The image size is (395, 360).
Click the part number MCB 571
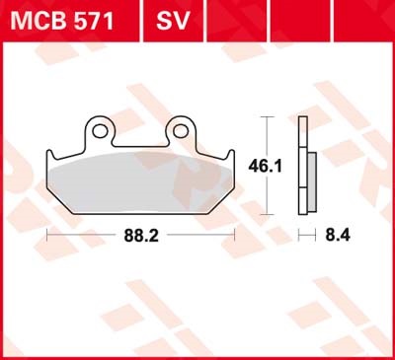coord(62,21)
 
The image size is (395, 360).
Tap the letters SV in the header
coord(173,21)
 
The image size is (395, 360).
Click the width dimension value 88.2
coord(141,236)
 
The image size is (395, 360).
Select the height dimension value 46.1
coord(265,166)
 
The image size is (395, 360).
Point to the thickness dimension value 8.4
coord(338,236)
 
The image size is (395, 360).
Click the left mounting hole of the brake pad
coord(100,131)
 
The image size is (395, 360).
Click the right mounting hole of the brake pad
coord(181,131)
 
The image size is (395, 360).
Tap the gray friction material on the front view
coord(140,182)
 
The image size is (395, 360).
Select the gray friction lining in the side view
coord(312,181)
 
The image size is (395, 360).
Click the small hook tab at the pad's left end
coord(50,155)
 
